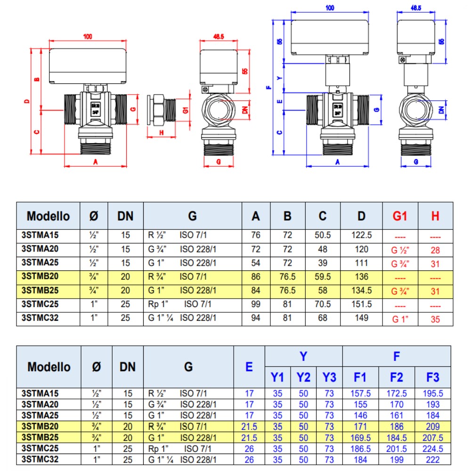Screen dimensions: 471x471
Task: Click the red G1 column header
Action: click(x=400, y=216)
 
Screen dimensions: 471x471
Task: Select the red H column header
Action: click(x=435, y=216)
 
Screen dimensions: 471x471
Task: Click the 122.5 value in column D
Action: click(x=361, y=235)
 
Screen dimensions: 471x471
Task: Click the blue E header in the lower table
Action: click(x=249, y=367)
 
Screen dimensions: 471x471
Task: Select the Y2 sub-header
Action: click(x=303, y=377)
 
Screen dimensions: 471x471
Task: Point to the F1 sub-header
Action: click(x=360, y=377)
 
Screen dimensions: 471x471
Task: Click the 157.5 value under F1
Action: click(x=360, y=393)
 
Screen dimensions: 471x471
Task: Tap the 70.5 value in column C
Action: click(x=322, y=304)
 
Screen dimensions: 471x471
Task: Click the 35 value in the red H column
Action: click(x=435, y=319)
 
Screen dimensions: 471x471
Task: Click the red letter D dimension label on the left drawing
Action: click(x=27, y=101)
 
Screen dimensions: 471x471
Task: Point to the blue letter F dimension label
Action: click(x=268, y=87)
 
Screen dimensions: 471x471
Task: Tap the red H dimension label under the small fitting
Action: click(x=161, y=133)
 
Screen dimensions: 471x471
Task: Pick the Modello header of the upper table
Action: click(x=48, y=216)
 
